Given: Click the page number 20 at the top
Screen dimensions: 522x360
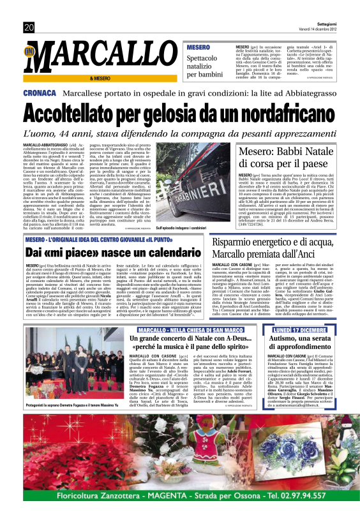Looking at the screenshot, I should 29,27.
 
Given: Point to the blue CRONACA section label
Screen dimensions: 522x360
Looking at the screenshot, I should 40,93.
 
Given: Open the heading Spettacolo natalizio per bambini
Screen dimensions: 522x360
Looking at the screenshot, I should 205,66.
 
